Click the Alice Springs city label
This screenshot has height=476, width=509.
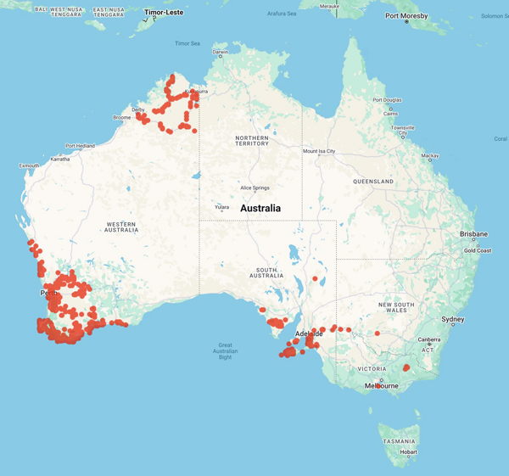coord(255,188)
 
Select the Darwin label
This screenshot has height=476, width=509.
coord(221,52)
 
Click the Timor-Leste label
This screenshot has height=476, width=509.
coord(164,14)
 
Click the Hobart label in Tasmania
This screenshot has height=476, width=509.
coord(408,452)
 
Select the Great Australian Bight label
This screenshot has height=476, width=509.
coord(226,351)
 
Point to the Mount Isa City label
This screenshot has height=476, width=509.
coord(319,152)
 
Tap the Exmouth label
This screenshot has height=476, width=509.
coord(29,165)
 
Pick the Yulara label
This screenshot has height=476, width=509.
coord(221,206)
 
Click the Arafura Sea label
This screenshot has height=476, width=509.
coord(280,14)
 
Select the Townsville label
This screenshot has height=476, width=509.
coord(402,128)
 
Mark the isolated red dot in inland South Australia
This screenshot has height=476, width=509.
coord(315,278)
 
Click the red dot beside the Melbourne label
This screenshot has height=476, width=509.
coord(378,386)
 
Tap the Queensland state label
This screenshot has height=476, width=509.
coord(373,182)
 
